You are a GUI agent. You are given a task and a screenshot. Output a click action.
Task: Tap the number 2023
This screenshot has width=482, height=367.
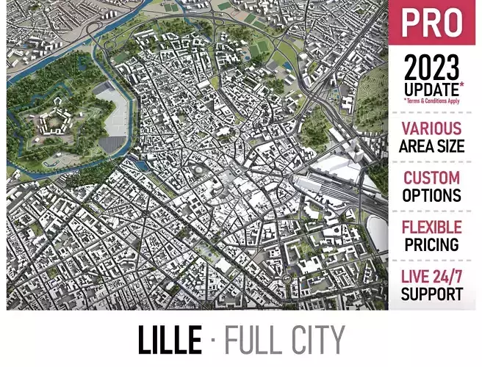coord(432,68)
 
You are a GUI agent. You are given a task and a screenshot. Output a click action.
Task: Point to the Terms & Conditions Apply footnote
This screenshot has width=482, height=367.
coord(432,101)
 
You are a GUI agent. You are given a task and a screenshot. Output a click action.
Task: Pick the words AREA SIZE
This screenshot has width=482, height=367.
coord(432,146)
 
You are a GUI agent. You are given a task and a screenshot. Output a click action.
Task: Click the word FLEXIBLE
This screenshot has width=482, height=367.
coord(432,227)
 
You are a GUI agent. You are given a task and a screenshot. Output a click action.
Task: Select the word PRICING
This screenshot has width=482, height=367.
coord(432,244)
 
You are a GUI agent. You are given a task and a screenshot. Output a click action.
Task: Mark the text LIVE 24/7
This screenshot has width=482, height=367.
coord(432,277)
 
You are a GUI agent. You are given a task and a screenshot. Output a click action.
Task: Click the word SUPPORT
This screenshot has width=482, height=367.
coord(432,294)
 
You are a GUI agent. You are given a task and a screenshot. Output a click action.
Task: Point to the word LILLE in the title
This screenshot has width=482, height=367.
coord(169,339)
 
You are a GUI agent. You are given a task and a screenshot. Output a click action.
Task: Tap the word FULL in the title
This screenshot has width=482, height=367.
coord(253,339)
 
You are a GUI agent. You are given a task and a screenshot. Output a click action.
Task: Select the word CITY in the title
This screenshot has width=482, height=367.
coord(315,339)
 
